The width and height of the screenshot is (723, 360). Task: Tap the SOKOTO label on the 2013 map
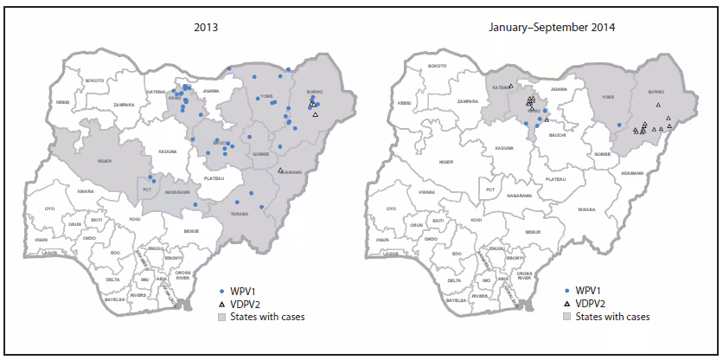pyautogui.click(x=94, y=80)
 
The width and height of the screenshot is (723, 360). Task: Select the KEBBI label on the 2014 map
pyautogui.click(x=404, y=102)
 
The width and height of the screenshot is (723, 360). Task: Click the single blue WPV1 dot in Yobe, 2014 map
pyautogui.click(x=619, y=125)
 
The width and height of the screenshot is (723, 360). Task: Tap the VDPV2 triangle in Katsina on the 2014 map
pyautogui.click(x=511, y=87)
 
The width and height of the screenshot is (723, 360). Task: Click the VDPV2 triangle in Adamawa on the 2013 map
pyautogui.click(x=280, y=170)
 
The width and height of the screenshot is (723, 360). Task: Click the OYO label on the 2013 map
pyautogui.click(x=50, y=209)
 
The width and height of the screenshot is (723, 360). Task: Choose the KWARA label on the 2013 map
pyautogui.click(x=85, y=191)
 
